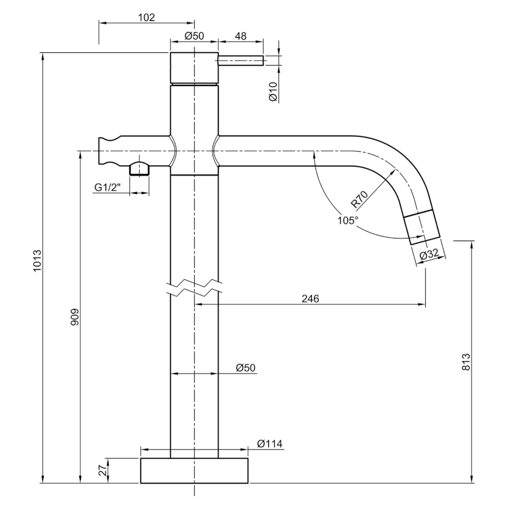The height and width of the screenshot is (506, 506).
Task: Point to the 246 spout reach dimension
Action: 310,299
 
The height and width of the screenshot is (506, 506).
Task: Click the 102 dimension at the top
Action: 146,17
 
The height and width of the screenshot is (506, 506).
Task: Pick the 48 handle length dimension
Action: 240,36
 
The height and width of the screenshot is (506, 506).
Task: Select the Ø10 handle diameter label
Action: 273,91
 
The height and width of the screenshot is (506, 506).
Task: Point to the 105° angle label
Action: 348,220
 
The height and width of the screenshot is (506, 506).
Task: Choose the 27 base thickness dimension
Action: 102,471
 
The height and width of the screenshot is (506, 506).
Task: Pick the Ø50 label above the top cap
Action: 194,36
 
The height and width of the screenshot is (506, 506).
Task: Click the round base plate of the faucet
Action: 194,471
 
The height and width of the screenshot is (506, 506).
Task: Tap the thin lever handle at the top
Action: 241,61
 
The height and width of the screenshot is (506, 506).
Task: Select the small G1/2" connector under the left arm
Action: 139,169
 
